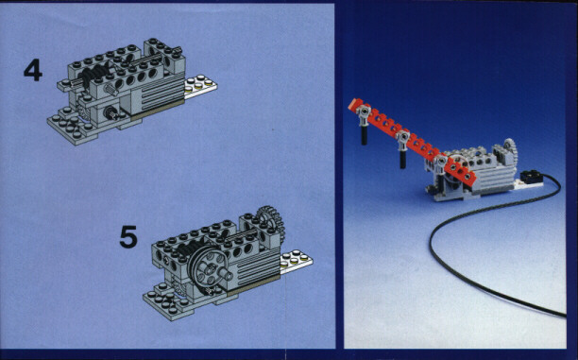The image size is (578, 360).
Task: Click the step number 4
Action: [33, 71]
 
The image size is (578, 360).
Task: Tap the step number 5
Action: [128, 236]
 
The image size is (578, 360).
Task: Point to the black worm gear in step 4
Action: [95, 74]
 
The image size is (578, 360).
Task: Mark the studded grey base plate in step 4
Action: [71, 128]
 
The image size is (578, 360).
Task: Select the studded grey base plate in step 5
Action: [168, 301]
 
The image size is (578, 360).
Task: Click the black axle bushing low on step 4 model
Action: [110, 112]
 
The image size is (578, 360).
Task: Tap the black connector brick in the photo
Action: [531, 177]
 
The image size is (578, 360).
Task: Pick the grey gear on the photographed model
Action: [511, 151]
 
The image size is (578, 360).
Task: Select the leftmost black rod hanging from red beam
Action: [364, 133]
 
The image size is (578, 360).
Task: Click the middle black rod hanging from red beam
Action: [403, 158]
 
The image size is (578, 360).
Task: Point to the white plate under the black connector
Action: [528, 184]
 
